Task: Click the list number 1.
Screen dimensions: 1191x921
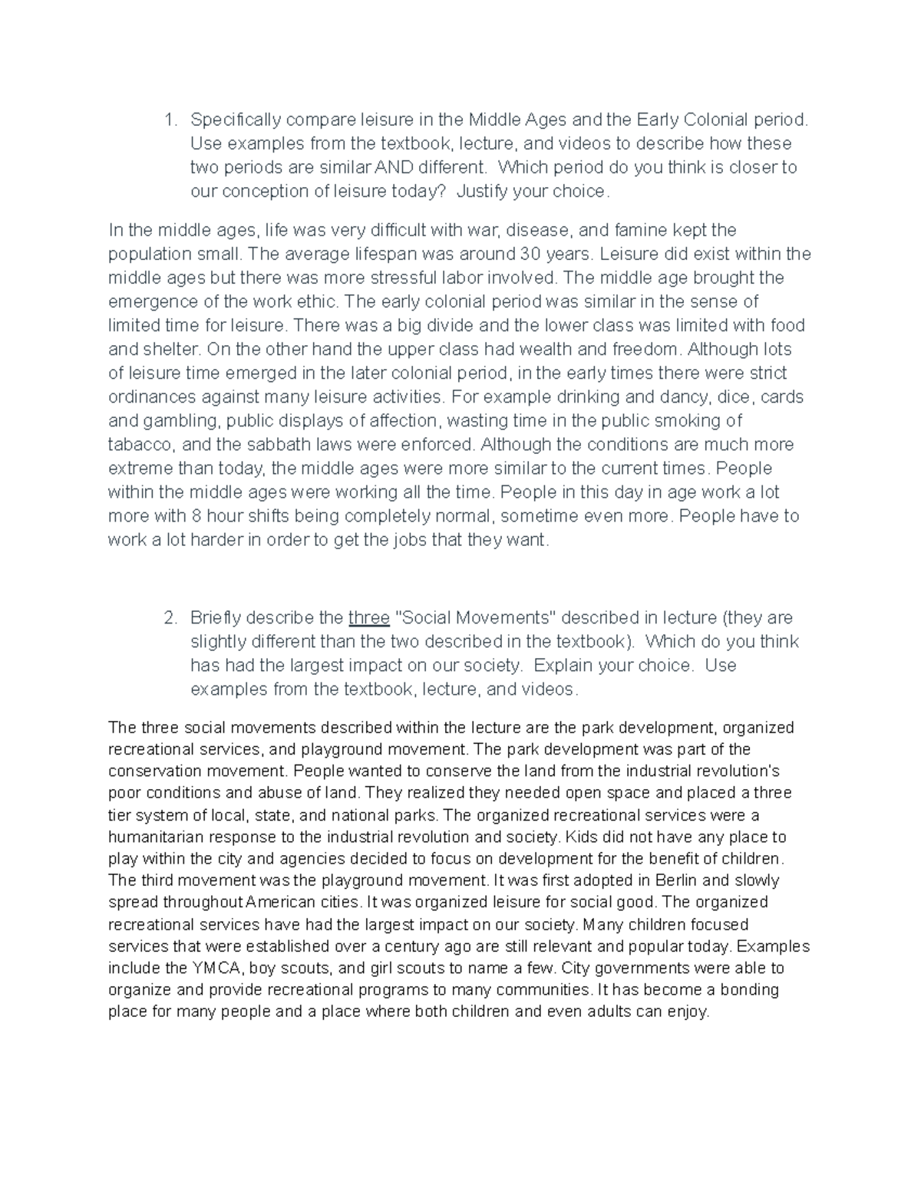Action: coord(170,120)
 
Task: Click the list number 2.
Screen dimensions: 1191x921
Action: coord(170,618)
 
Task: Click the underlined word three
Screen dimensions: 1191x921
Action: coord(368,618)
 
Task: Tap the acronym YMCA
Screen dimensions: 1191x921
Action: coord(222,968)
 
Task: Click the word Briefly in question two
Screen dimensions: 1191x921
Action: coord(220,618)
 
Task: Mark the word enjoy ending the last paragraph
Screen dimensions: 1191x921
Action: coord(688,1012)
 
